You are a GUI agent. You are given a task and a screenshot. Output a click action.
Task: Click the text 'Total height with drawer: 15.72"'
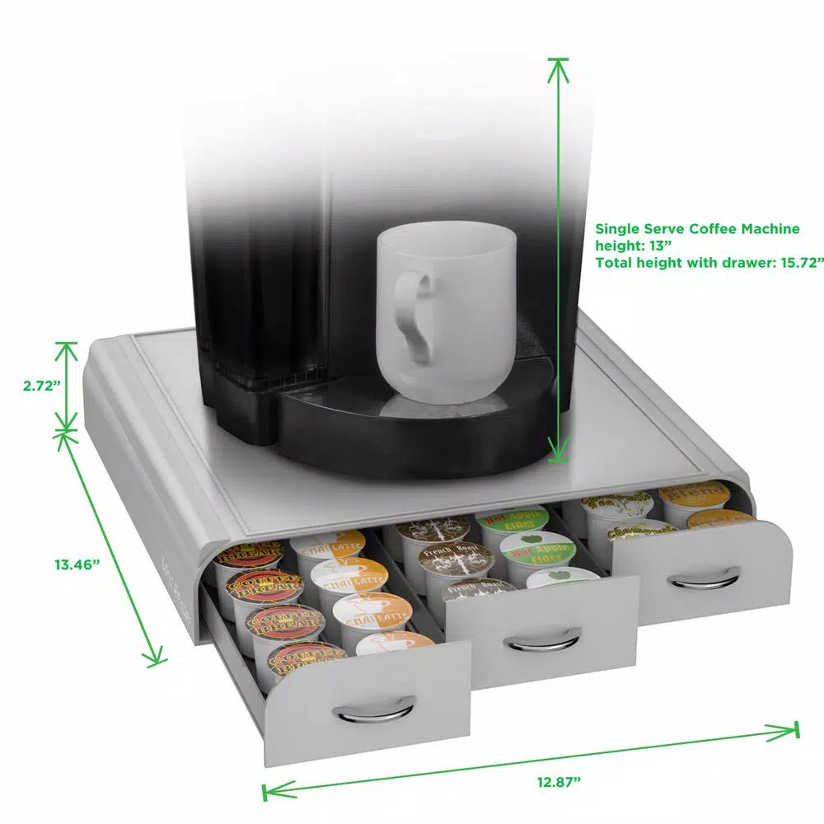[709, 263]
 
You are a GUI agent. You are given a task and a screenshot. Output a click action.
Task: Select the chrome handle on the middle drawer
[541, 639]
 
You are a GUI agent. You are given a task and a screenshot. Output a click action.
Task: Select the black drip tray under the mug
[412, 420]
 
